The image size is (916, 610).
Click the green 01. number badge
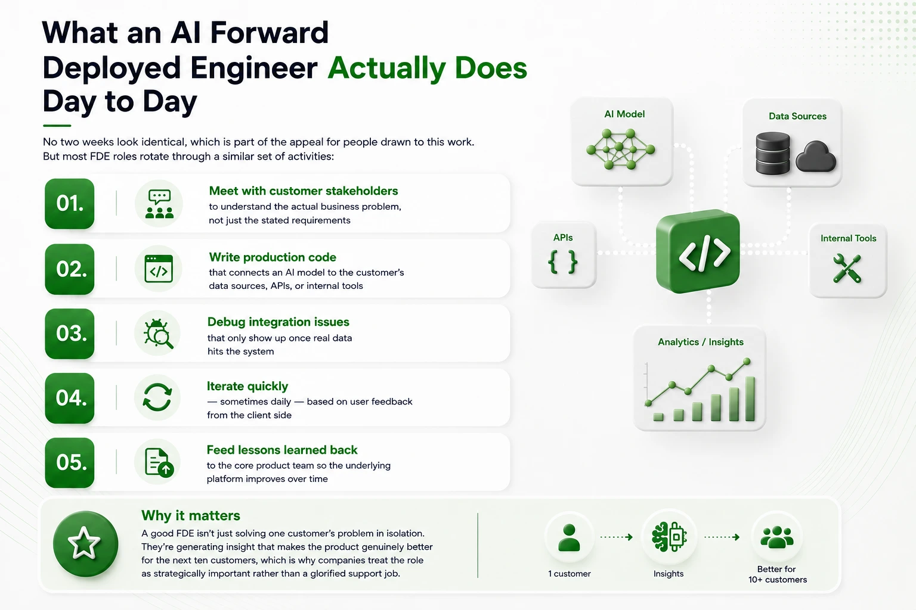click(70, 204)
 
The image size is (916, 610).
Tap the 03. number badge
click(70, 334)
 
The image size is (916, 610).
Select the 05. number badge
click(70, 462)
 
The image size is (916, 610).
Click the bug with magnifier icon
click(158, 334)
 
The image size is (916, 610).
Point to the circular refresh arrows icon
click(157, 397)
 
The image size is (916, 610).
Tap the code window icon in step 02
click(159, 269)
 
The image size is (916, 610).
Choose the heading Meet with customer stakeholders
click(304, 191)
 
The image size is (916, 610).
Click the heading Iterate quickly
click(247, 386)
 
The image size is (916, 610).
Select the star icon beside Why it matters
click(84, 543)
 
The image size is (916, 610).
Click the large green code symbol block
click(698, 251)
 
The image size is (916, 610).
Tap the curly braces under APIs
click(563, 262)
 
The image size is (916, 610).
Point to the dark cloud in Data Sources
click(816, 157)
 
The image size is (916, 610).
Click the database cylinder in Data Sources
click(772, 153)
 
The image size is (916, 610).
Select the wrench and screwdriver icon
click(847, 269)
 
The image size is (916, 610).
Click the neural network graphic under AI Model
click(620, 149)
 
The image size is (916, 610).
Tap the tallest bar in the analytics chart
click(750, 399)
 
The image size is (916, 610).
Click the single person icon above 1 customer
click(569, 538)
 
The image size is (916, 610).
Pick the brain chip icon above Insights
click(670, 537)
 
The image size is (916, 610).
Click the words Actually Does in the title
click(428, 68)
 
